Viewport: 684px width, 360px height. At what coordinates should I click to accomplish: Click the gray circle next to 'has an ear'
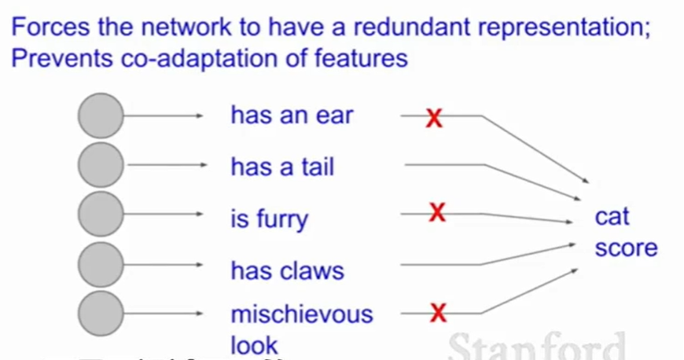coord(101,116)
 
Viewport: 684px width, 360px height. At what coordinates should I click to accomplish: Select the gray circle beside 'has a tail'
coord(101,165)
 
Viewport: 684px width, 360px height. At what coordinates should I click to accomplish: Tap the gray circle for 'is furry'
coord(101,215)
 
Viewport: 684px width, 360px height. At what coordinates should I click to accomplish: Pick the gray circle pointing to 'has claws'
coord(101,264)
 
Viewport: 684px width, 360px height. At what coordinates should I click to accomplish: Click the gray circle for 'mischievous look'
coord(101,314)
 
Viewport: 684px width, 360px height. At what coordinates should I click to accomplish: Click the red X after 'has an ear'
coord(433,118)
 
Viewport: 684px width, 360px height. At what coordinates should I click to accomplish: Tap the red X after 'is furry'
coord(437,212)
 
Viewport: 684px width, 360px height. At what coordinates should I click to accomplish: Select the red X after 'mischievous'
coord(438,314)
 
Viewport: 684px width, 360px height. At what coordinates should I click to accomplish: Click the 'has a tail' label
coord(281,167)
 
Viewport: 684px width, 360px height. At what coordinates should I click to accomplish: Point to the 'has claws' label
coord(287,271)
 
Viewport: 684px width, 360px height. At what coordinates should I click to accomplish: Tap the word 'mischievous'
coord(301,314)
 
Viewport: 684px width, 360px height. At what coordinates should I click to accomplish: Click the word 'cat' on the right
coord(612,217)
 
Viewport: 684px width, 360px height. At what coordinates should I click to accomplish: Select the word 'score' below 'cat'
coord(626,248)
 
